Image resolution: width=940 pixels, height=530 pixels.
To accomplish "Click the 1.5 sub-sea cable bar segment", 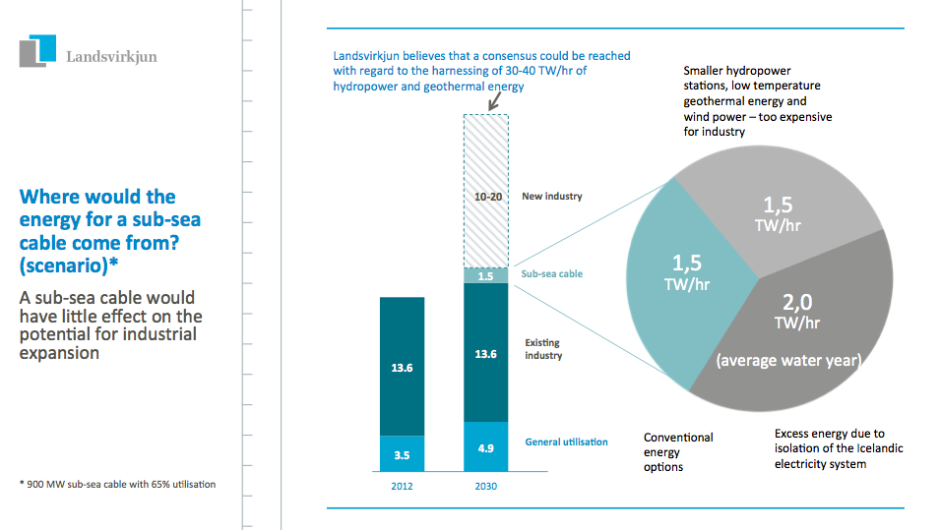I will pos(485,276).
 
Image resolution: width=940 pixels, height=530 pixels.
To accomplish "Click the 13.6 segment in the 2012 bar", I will pos(402,367).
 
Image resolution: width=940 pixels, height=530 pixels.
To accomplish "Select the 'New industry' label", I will pos(552,197).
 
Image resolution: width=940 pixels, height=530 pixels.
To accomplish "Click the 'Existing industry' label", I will pos(543,349).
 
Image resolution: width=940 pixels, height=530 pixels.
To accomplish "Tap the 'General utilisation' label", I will pos(566,442).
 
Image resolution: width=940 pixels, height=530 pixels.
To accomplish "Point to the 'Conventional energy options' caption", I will pos(678,451).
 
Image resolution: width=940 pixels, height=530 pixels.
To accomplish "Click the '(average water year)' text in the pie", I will pos(787,361).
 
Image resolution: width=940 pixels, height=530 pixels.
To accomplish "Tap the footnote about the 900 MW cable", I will pos(117,484).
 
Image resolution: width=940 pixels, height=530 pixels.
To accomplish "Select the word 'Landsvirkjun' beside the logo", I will pos(111,56).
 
